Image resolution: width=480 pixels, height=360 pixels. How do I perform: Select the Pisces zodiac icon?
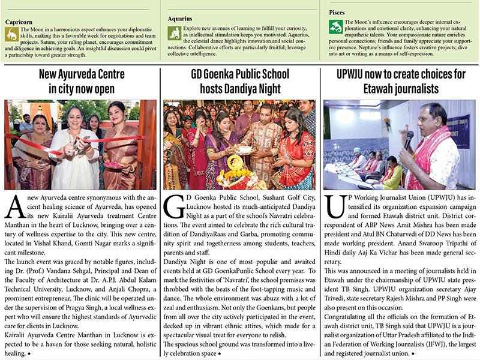pyautogui.click(x=337, y=27)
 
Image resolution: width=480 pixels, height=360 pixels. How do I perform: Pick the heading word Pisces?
pyautogui.click(x=341, y=12)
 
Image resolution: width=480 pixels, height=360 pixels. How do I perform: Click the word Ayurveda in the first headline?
pyautogui.click(x=82, y=75)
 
